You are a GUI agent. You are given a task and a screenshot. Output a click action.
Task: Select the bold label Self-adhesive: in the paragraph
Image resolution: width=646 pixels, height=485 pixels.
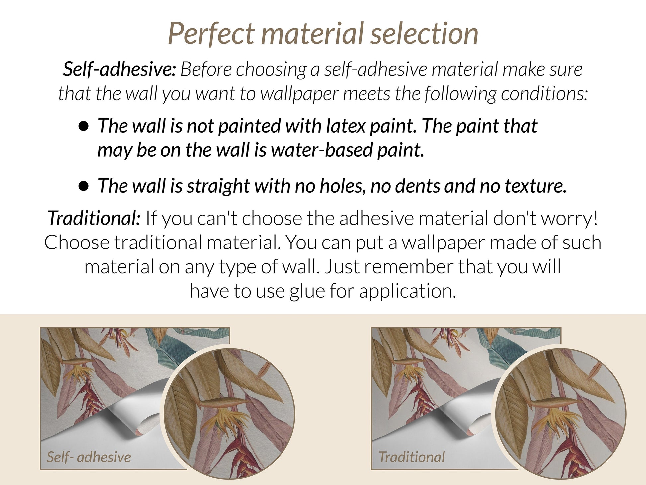tap(120, 69)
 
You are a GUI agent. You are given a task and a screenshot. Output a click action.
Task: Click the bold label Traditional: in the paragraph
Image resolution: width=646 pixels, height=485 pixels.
tap(94, 218)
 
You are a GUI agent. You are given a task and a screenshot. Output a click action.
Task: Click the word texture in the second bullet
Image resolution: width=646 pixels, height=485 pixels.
tap(535, 186)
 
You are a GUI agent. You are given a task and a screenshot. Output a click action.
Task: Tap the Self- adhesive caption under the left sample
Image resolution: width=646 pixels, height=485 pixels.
tap(89, 457)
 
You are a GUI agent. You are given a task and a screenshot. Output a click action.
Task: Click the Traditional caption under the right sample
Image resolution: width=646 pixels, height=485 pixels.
tap(412, 457)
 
